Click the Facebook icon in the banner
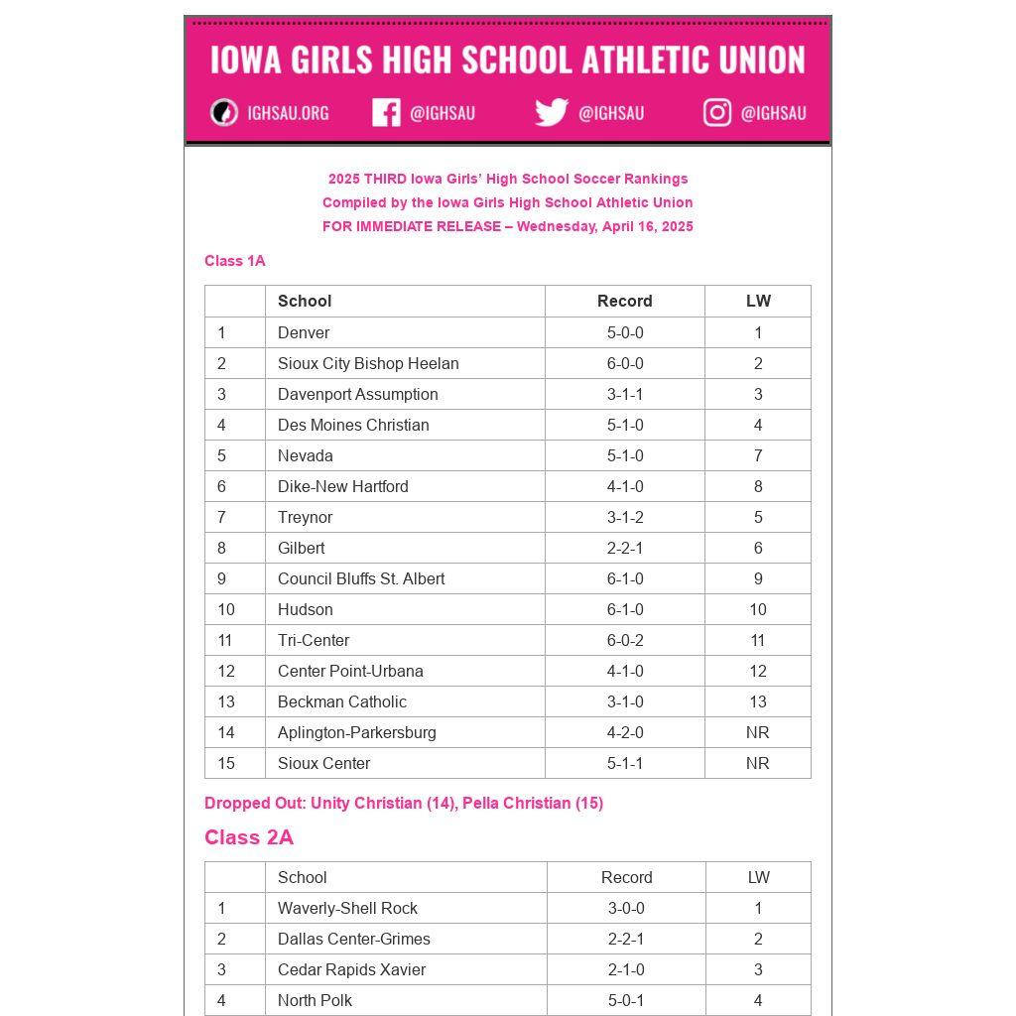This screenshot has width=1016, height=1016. [386, 112]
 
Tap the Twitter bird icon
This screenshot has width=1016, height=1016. [552, 112]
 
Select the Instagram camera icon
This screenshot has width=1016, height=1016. [717, 112]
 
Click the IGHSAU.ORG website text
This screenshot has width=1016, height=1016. [288, 113]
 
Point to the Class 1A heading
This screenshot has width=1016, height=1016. [235, 261]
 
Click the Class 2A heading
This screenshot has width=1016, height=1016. [249, 837]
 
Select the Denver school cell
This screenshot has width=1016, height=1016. [304, 332]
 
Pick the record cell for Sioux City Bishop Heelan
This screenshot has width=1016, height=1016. [625, 363]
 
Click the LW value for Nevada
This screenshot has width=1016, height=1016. [758, 455]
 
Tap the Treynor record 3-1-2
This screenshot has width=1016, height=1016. [625, 517]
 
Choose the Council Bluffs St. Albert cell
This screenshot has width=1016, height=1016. [361, 578]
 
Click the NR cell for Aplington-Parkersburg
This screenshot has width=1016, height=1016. [758, 732]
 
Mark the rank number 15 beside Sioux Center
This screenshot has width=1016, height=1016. [226, 763]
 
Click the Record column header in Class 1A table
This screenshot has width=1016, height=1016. [625, 301]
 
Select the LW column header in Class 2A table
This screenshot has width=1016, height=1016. [759, 877]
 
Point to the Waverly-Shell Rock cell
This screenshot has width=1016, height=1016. [347, 908]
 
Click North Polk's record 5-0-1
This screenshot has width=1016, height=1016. [626, 1000]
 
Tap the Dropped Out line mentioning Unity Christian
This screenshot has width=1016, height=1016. [404, 803]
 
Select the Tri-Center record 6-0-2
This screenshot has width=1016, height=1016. [625, 640]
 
